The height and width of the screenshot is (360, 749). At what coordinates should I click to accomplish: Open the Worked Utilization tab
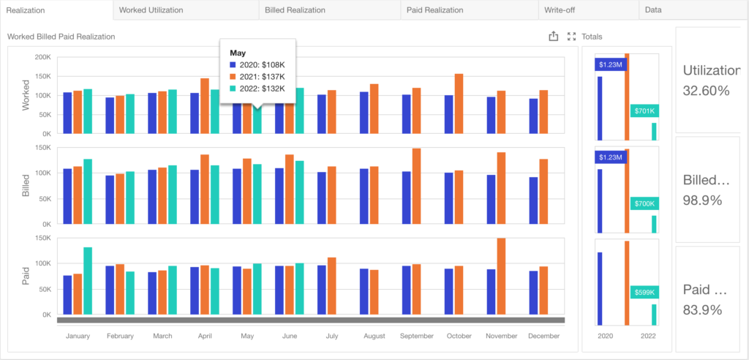151,10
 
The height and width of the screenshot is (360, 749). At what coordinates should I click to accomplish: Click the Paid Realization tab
434,10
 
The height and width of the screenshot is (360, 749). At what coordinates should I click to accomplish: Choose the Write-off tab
559,10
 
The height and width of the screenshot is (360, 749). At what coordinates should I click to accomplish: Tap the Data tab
653,10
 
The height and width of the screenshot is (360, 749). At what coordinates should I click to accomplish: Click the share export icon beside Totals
554,36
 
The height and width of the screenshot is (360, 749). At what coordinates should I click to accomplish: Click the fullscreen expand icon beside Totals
572,36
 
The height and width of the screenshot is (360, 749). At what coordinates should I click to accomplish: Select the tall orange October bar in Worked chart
459,103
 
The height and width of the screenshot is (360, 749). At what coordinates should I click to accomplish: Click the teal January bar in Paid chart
88,280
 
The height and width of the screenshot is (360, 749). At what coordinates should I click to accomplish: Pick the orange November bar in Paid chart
501,276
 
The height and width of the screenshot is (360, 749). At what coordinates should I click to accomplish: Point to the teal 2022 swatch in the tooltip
233,89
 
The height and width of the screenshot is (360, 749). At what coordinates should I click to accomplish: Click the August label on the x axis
374,336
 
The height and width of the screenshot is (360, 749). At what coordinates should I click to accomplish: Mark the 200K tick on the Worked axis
42,57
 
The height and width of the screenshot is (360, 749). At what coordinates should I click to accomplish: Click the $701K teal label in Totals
644,111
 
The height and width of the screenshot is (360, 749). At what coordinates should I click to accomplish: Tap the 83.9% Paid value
702,310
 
